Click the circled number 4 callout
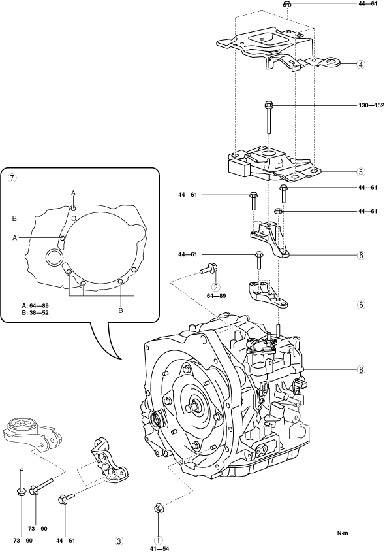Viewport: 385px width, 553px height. (x=361, y=65)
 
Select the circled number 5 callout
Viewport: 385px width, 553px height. (x=361, y=172)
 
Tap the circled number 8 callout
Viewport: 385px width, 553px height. (x=361, y=369)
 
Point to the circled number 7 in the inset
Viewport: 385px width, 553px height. (x=12, y=178)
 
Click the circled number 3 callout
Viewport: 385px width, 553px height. (x=119, y=541)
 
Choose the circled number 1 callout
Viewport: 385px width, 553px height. (x=159, y=541)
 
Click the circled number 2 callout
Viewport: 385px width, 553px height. (x=216, y=287)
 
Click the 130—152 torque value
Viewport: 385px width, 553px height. (x=371, y=105)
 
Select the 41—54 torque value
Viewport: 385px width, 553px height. (x=159, y=549)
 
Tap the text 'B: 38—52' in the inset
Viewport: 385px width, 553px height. (x=35, y=312)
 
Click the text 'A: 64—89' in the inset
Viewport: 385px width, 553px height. (x=35, y=305)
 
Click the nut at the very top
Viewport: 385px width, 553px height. (x=286, y=5)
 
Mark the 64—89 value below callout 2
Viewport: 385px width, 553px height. (x=216, y=296)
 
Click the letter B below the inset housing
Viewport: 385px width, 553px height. (x=121, y=310)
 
